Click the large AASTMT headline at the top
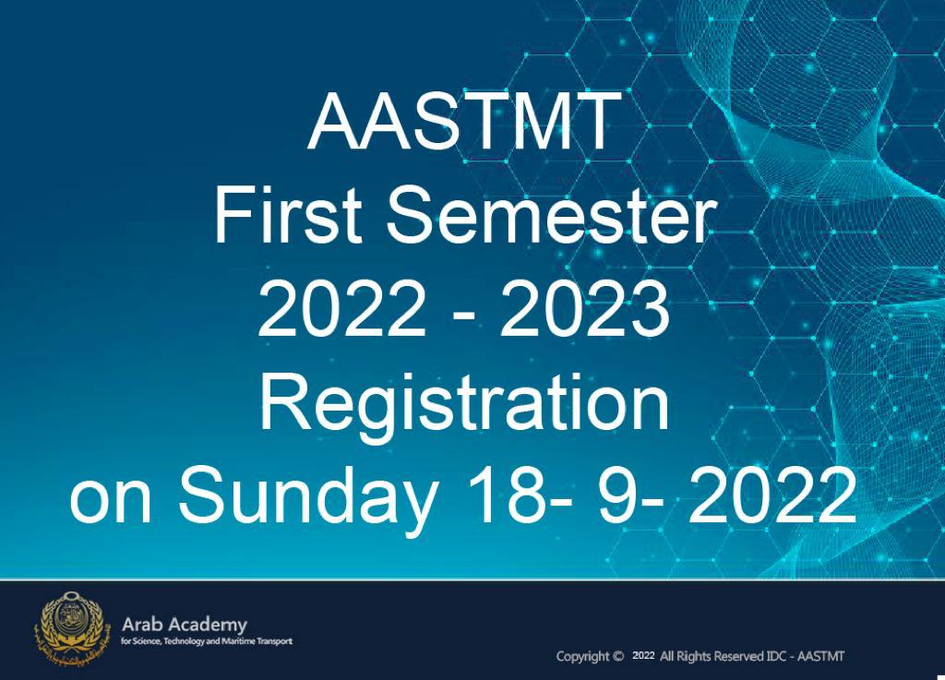tap(465, 122)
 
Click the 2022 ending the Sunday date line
tap(772, 494)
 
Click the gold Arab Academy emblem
tap(72, 628)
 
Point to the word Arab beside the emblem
tap(143, 624)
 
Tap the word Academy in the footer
tap(208, 626)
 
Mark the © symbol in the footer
tap(617, 657)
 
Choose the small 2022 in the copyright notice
tap(643, 655)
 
